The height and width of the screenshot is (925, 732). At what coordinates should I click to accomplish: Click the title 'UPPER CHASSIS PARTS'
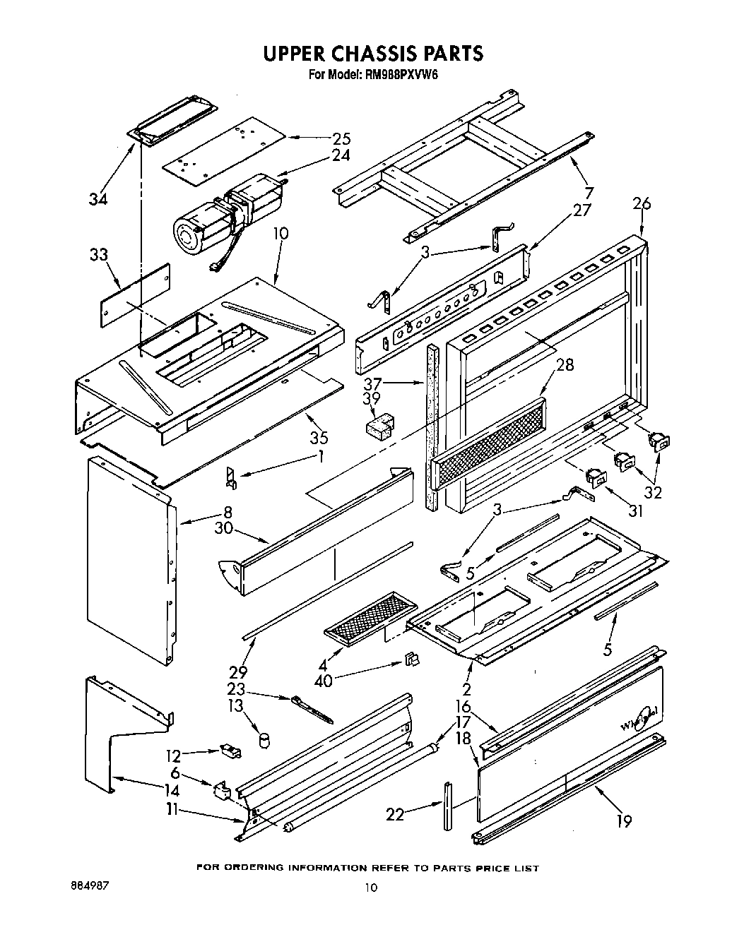coord(373,54)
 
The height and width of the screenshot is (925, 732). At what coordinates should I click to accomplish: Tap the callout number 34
coord(98,200)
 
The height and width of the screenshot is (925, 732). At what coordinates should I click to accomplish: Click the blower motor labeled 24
coord(226,213)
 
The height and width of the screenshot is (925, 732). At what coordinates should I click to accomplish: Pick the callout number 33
coord(100,255)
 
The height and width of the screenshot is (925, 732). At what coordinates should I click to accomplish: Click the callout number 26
coord(642,204)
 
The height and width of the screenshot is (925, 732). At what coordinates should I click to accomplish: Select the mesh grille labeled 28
coord(488,443)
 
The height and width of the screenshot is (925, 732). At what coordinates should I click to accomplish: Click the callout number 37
coord(372,384)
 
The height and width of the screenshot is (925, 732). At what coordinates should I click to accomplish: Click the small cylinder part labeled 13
coord(265,739)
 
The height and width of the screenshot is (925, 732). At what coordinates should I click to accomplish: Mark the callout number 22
coord(396,815)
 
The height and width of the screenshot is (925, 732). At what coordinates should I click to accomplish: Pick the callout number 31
coord(636,510)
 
